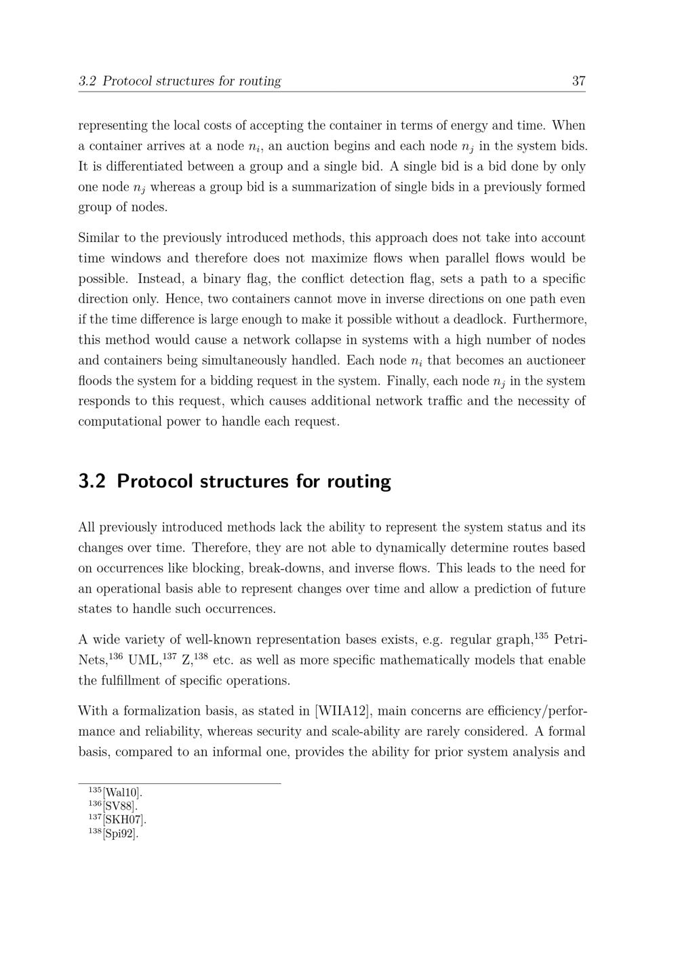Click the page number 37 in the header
[578, 81]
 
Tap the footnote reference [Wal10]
[123, 793]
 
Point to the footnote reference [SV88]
[120, 806]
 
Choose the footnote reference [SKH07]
[125, 820]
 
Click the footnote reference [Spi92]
[121, 834]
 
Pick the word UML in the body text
[144, 661]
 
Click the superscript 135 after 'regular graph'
[541, 636]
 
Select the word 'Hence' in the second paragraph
[96, 299]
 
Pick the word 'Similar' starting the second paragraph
[99, 238]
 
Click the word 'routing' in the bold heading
[359, 482]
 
